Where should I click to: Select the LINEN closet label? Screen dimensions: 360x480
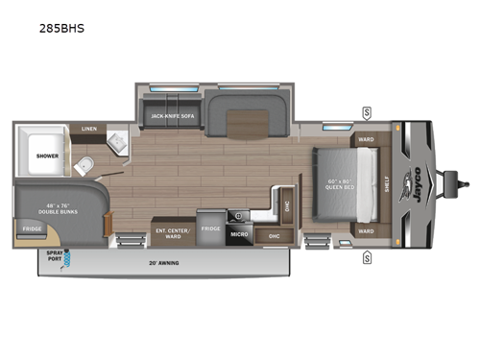89,128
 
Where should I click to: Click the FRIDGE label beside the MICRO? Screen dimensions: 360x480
210,228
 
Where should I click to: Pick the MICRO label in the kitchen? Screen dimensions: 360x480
239,233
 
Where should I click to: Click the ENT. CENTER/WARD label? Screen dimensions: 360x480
174,230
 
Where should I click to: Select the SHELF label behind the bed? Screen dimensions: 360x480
389,184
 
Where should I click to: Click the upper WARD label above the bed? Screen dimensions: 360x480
366,139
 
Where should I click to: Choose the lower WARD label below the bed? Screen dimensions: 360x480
366,230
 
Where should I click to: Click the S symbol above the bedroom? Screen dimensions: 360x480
367,112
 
